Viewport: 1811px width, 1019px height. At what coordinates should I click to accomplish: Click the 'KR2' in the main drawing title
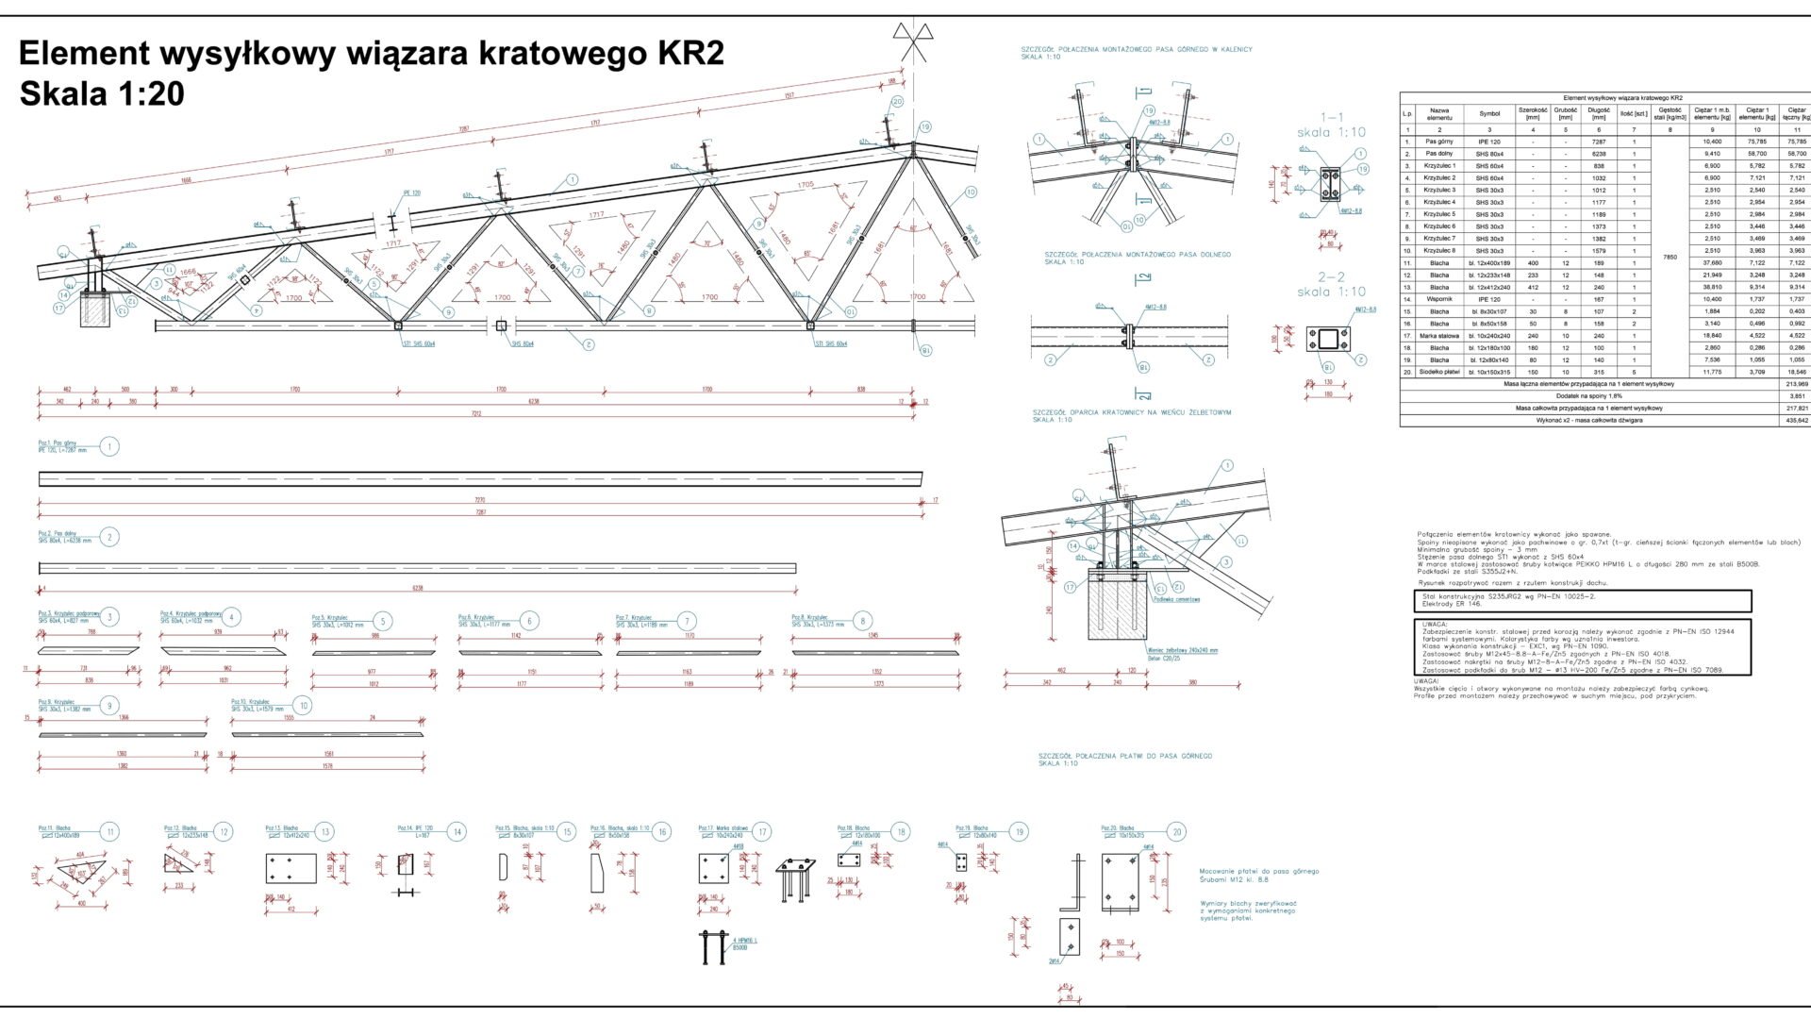click(685, 54)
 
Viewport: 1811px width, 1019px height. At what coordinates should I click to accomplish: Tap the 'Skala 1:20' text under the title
click(102, 94)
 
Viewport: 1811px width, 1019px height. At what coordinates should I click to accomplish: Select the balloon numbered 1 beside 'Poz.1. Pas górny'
click(109, 446)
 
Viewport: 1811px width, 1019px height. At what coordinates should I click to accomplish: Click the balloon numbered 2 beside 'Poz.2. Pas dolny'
click(109, 538)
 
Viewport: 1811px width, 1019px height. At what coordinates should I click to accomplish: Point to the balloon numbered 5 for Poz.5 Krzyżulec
click(382, 621)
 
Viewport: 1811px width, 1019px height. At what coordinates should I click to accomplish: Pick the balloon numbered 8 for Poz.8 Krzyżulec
click(862, 621)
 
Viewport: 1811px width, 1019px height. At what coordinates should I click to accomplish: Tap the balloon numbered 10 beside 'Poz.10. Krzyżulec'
click(303, 706)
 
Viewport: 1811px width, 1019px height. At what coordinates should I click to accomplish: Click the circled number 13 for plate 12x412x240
click(324, 832)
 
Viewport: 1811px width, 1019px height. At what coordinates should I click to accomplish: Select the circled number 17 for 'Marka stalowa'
click(762, 832)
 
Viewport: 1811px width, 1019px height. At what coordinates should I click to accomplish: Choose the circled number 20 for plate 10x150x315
click(1176, 832)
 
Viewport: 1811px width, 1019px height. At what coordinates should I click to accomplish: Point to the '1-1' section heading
click(1331, 118)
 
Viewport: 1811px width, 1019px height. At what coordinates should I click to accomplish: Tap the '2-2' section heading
click(1331, 277)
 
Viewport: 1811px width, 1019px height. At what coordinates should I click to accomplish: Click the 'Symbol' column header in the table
click(1489, 114)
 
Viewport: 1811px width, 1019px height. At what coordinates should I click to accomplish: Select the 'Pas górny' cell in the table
click(1439, 142)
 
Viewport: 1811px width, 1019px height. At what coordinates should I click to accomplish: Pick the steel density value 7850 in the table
click(1670, 257)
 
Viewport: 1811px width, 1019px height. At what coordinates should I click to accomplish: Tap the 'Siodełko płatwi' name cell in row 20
click(1439, 373)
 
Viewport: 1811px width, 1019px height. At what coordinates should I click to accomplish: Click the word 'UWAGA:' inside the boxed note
click(1435, 625)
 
